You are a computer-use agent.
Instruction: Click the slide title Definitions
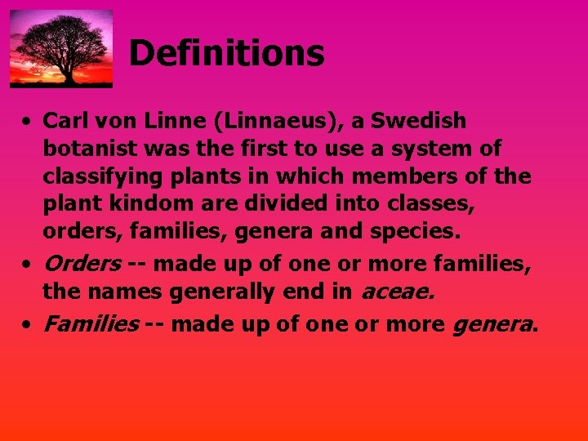pos(226,54)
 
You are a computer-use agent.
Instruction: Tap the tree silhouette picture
pos(61,48)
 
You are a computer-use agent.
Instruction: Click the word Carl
pos(65,121)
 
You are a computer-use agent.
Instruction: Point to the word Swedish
pos(421,121)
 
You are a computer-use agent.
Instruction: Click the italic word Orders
pos(82,263)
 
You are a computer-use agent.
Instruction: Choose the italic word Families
pos(90,323)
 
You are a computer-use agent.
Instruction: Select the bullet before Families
pos(27,325)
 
